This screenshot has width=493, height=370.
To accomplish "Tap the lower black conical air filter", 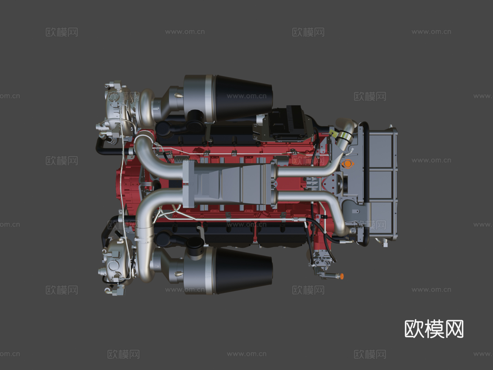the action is pos(244,271).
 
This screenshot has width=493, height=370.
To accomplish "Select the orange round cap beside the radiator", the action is pos(348,164).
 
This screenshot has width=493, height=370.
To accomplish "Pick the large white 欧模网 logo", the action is pos(434,329).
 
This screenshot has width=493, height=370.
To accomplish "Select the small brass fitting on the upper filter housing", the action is pos(178,96).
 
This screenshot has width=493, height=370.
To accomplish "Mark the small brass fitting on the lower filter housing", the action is pos(178,273).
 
